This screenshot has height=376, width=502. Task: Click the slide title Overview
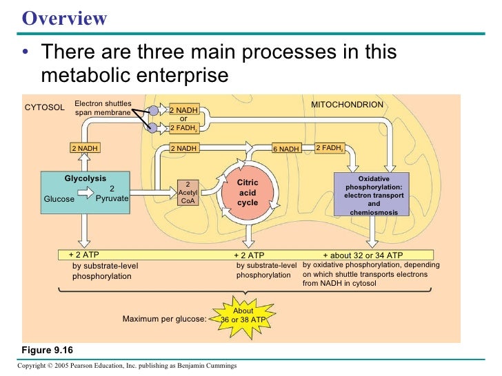click(x=65, y=18)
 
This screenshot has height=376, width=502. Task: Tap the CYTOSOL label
click(x=44, y=108)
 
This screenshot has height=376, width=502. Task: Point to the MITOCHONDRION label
click(x=347, y=105)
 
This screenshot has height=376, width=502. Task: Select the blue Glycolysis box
click(x=86, y=189)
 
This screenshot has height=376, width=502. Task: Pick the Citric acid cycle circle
click(x=248, y=193)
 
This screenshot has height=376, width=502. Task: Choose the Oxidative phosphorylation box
click(x=374, y=194)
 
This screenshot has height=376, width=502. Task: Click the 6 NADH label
click(x=285, y=149)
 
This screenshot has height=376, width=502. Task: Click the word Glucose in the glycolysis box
click(x=59, y=200)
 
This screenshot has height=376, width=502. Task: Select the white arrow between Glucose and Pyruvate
click(x=88, y=194)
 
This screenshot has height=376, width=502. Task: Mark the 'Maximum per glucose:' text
click(x=164, y=319)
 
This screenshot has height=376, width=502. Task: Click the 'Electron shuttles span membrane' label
click(x=103, y=107)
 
